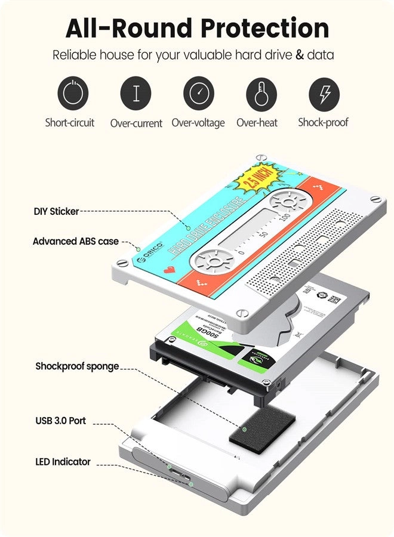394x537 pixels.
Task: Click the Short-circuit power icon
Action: coord(73,94)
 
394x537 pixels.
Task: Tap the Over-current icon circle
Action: coord(136,94)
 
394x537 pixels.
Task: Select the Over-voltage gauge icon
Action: coord(198,94)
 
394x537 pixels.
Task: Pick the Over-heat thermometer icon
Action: coord(261,94)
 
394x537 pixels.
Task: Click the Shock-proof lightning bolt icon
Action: coord(324,94)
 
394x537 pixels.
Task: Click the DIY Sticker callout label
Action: coord(56,211)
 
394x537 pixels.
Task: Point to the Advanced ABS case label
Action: coord(76,242)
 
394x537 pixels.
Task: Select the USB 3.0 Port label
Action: coord(60,421)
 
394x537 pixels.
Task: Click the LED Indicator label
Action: coord(63,462)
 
